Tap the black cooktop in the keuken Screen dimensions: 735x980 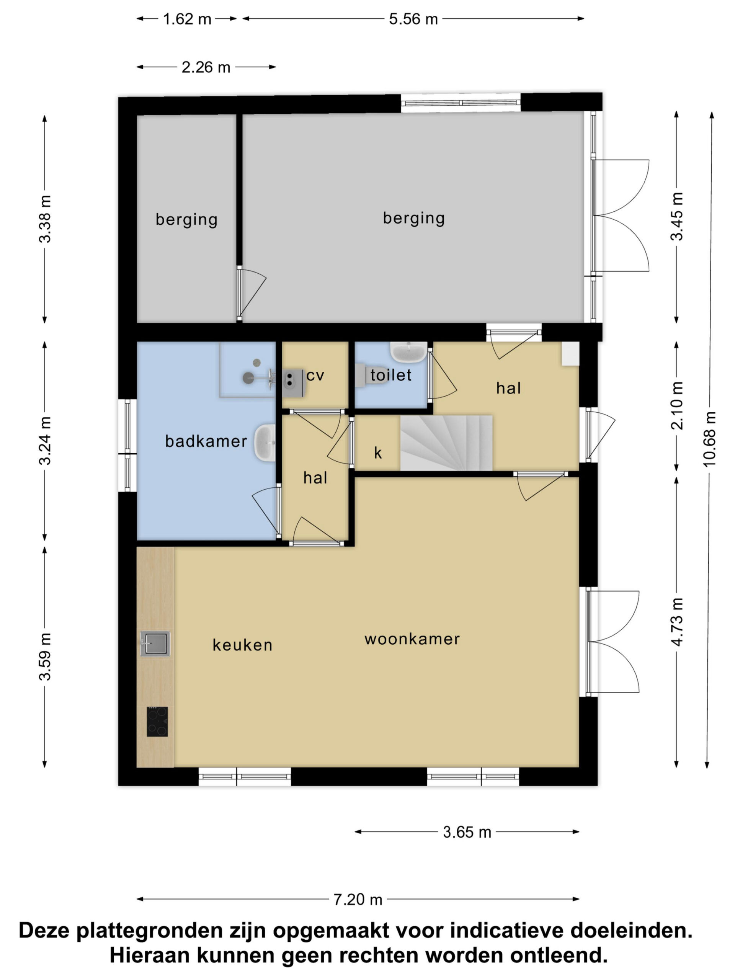click(x=157, y=722)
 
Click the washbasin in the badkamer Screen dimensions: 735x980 click(x=265, y=443)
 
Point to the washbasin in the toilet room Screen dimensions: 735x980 click(x=408, y=352)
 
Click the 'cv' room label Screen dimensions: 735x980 click(x=315, y=376)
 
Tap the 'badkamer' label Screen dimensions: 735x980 click(x=206, y=441)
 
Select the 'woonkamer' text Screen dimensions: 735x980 click(x=412, y=639)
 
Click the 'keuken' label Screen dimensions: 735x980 click(x=242, y=645)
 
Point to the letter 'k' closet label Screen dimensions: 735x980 click(x=378, y=453)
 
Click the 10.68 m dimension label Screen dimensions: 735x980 click(x=709, y=439)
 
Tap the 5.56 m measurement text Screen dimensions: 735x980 click(x=413, y=19)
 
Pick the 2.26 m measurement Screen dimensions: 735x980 click(x=206, y=67)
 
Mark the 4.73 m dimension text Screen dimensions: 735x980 click(x=678, y=622)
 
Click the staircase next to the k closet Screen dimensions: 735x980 click(x=446, y=443)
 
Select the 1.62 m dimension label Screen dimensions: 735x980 click(x=187, y=19)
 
